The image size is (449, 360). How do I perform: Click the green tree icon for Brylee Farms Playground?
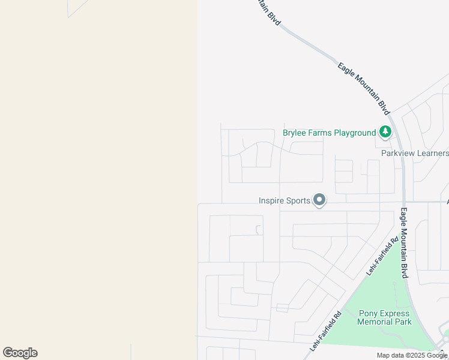coord(385,132)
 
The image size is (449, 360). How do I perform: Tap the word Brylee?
coord(296,133)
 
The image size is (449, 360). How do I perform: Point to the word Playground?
coord(355,133)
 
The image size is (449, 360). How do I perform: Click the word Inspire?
coord(272,201)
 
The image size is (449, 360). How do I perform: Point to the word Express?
coord(395,313)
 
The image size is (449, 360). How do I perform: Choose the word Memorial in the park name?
coord(375,322)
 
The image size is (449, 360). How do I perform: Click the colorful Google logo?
coord(20,353)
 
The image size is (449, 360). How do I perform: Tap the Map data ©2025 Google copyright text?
coord(412,355)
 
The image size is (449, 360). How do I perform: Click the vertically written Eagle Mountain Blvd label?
coord(404,243)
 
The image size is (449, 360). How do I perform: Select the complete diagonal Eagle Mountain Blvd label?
coord(364,89)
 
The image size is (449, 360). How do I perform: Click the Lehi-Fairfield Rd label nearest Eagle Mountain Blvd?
coord(382,256)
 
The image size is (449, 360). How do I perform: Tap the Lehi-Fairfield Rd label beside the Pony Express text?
coord(326,331)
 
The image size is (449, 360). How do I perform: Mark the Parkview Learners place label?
coord(415,153)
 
